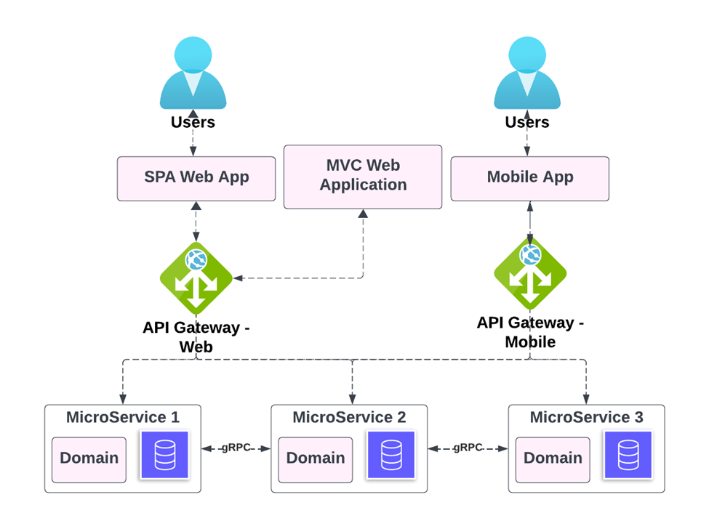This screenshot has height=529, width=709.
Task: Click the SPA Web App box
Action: click(196, 178)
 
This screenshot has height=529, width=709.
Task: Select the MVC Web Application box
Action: click(363, 177)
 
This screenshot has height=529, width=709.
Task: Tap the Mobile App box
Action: click(529, 178)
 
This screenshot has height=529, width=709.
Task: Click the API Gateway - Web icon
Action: click(196, 278)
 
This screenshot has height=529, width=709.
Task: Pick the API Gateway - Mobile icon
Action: click(530, 274)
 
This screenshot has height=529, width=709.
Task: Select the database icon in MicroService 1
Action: click(164, 454)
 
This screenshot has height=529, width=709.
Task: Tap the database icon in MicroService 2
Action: click(390, 454)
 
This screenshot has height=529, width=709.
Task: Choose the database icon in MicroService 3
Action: click(628, 454)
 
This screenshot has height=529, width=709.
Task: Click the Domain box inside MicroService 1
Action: click(89, 459)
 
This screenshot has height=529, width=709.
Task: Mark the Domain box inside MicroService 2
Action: click(315, 459)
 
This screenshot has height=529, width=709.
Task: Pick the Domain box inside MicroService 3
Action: click(553, 459)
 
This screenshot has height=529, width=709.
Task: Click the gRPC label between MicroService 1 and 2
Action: click(236, 448)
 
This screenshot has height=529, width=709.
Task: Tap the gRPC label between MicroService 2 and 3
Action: click(468, 448)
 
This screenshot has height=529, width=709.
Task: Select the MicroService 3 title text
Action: click(586, 418)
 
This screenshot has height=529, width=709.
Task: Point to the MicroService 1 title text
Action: click(123, 418)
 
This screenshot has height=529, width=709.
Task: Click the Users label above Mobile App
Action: click(527, 122)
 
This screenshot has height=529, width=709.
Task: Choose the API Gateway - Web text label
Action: click(196, 336)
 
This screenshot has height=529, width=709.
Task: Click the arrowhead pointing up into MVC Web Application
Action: click(363, 214)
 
